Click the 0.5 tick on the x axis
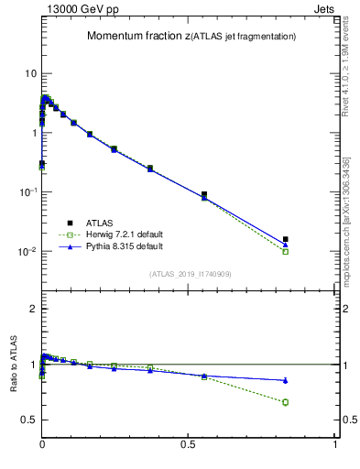(x=189, y=444)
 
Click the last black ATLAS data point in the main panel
(x=286, y=239)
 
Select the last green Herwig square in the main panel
(x=286, y=251)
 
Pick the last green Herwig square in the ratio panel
(x=286, y=402)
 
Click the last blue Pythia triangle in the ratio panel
(x=286, y=380)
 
